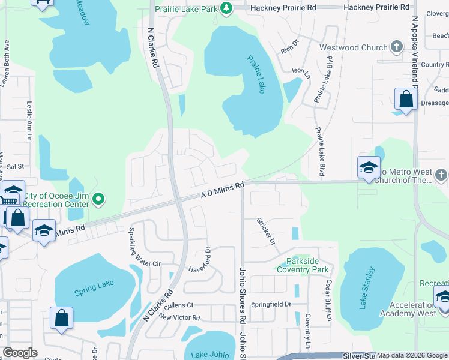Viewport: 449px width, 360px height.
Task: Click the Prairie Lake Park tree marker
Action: pyautogui.click(x=226, y=7)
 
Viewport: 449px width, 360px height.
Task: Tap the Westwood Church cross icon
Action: pyautogui.click(x=396, y=47)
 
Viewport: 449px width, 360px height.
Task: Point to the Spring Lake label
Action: pyautogui.click(x=94, y=287)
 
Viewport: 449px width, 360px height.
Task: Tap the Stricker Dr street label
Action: pyautogui.click(x=266, y=232)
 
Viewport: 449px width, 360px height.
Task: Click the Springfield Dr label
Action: pyautogui.click(x=271, y=304)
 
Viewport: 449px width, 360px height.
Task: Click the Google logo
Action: pyautogui.click(x=20, y=353)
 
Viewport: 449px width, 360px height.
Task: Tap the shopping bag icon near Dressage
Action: pyautogui.click(x=406, y=100)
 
